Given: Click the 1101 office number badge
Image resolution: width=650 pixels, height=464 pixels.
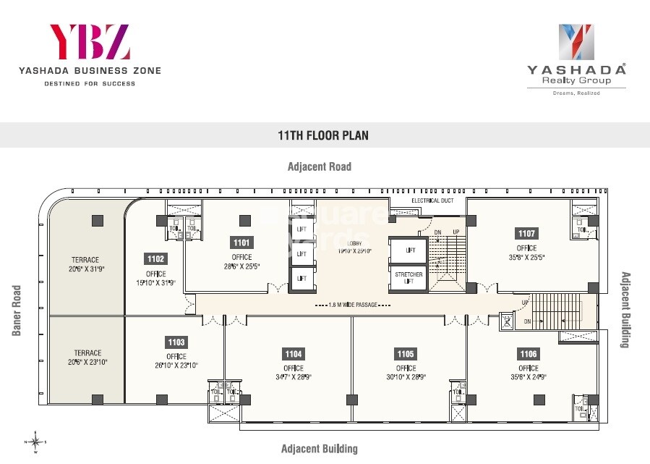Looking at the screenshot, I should click(x=241, y=242).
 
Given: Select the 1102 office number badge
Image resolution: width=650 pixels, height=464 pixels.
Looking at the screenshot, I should click(x=155, y=258).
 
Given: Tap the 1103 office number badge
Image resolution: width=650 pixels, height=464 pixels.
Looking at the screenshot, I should click(x=176, y=342).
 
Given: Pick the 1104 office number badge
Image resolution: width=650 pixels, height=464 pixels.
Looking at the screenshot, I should click(x=294, y=354).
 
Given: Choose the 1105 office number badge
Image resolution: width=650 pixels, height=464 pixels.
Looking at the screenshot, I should click(x=406, y=354).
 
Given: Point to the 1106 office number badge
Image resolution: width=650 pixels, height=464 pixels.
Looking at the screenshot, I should click(x=529, y=354).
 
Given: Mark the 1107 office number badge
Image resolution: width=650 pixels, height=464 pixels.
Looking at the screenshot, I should click(x=526, y=233).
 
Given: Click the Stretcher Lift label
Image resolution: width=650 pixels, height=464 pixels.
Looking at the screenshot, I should click(x=409, y=277).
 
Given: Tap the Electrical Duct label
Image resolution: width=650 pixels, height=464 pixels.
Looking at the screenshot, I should click(x=432, y=201).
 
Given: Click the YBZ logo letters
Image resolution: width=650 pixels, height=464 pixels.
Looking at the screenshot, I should click(x=89, y=42).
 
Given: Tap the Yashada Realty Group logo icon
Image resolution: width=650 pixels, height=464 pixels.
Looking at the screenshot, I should click(x=576, y=42).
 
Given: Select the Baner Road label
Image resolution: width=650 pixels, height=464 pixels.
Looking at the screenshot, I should click(x=17, y=311).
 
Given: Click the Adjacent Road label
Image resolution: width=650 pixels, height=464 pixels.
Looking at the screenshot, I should click(x=320, y=166).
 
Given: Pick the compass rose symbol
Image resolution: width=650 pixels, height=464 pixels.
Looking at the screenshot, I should click(x=35, y=441).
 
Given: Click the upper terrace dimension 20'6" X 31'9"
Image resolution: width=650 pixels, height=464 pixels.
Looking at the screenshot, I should click(x=85, y=269).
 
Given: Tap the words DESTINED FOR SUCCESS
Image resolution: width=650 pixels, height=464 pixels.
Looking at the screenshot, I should click(x=90, y=84).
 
